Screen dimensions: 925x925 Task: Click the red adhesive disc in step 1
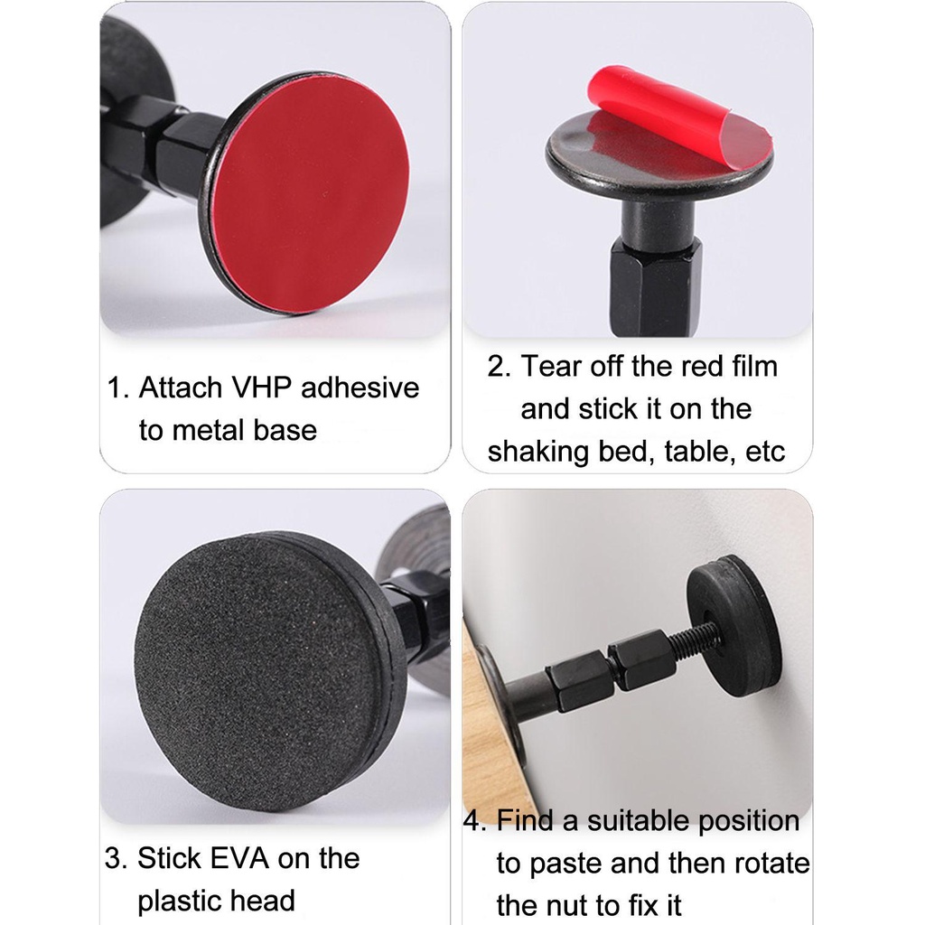pos(311,196)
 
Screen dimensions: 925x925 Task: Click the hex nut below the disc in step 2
pos(655,284)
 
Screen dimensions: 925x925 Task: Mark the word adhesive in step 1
pos(360,388)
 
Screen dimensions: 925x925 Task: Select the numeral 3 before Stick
pos(115,858)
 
